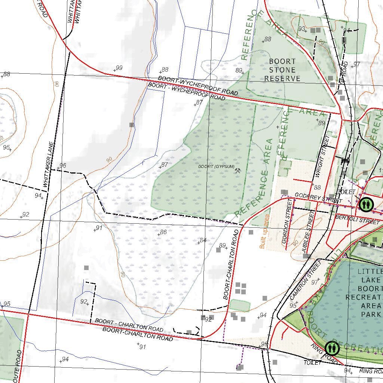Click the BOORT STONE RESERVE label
click(282, 70)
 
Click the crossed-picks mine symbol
click(238, 171)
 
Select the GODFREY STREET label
click(313, 198)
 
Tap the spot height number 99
click(119, 68)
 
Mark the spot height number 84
click(203, 240)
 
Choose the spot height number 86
click(163, 232)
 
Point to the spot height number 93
click(301, 29)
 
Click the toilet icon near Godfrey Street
click(365, 204)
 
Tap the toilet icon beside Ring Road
click(332, 348)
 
